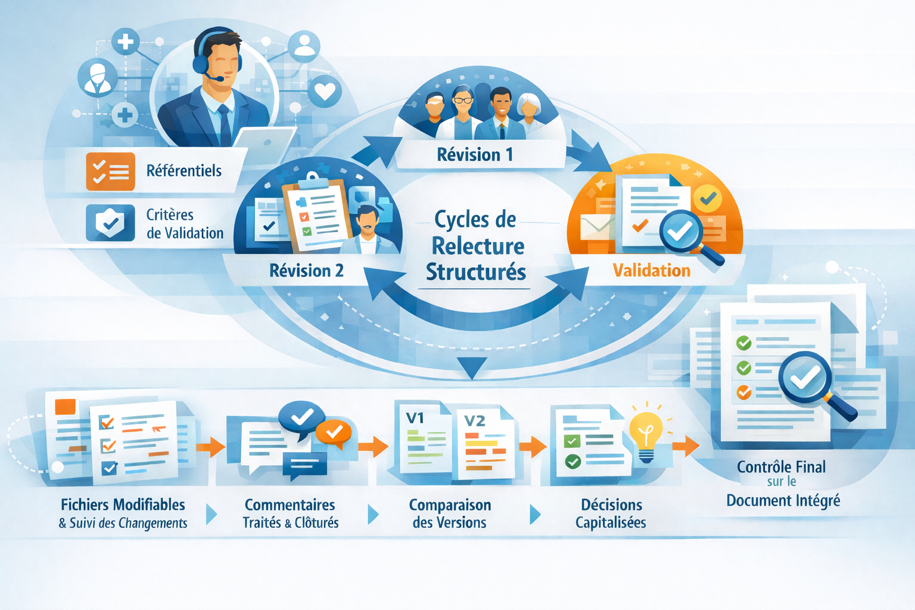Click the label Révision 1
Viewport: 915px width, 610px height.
(475, 155)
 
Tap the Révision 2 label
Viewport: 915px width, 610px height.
(306, 271)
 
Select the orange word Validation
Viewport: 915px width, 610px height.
(651, 271)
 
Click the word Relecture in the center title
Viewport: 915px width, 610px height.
(478, 246)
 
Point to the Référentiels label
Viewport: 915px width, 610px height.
(183, 171)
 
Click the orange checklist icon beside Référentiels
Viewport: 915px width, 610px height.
(110, 172)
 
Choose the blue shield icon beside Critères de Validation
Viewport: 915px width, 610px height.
(110, 223)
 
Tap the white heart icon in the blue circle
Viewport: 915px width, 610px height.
(325, 91)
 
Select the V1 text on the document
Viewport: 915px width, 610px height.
(415, 418)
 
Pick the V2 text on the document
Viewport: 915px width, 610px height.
(475, 421)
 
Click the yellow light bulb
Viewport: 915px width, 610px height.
(646, 432)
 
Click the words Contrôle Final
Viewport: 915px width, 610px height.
(781, 467)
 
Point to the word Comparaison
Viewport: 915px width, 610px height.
(450, 505)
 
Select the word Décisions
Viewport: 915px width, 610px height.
(611, 505)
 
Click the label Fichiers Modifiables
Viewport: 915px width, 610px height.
(123, 505)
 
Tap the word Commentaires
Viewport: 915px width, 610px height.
(290, 505)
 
